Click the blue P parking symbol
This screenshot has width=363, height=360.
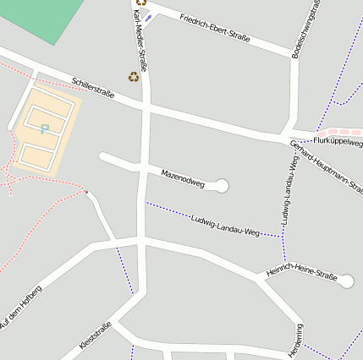(x=44, y=129)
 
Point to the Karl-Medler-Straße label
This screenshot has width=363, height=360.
(x=140, y=35)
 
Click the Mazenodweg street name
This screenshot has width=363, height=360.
(x=183, y=177)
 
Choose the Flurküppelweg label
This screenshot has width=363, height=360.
(x=338, y=139)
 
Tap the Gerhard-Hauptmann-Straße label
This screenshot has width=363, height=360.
(x=327, y=166)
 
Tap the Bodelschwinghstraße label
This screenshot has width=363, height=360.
(x=305, y=29)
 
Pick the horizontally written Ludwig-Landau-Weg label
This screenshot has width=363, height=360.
(x=225, y=225)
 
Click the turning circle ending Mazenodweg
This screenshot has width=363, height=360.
(x=222, y=185)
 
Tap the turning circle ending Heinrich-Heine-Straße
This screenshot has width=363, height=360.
(x=345, y=281)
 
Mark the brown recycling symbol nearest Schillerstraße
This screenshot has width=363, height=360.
(x=134, y=76)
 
